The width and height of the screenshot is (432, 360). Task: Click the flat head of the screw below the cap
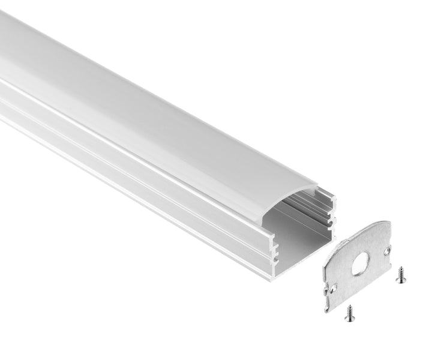(x=349, y=308)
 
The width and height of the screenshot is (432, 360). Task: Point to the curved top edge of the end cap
(x=360, y=228)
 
